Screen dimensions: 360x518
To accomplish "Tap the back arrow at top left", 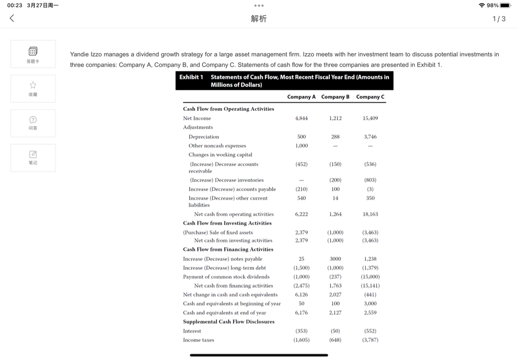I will coord(12,19).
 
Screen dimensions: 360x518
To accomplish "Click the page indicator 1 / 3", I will coord(498,19).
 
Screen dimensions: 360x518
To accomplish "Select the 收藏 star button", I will coord(33,88).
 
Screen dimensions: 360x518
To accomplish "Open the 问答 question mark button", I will coord(33,123).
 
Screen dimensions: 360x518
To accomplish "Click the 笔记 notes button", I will coord(33,157).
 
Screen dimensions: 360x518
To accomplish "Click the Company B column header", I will coord(335,97).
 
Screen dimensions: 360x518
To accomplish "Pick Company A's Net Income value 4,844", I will coord(301,118).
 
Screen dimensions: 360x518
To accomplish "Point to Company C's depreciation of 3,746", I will coord(369,137).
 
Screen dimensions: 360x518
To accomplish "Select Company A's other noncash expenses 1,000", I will coord(301,146).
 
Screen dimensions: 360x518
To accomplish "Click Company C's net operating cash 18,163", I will coord(370,214).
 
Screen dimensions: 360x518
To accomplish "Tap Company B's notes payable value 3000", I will coord(335,259).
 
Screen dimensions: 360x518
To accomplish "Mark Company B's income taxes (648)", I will coord(335,340).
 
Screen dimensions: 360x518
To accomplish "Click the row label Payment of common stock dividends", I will coord(226,277).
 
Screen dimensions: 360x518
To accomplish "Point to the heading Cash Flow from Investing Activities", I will coord(227,223).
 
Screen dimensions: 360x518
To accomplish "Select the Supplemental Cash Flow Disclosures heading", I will coord(229,322).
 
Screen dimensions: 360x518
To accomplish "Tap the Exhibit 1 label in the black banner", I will coord(191,77).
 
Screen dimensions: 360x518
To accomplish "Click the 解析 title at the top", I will coord(258,19).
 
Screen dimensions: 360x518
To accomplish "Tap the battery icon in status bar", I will coord(505,5).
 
